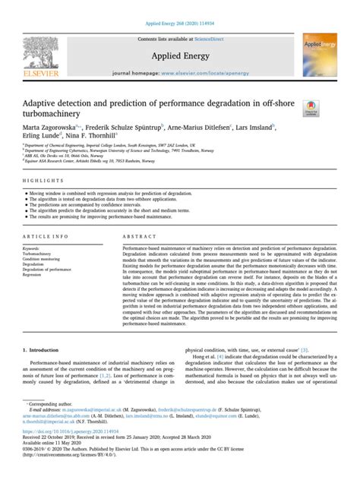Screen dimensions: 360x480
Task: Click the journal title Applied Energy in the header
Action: click(180, 56)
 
